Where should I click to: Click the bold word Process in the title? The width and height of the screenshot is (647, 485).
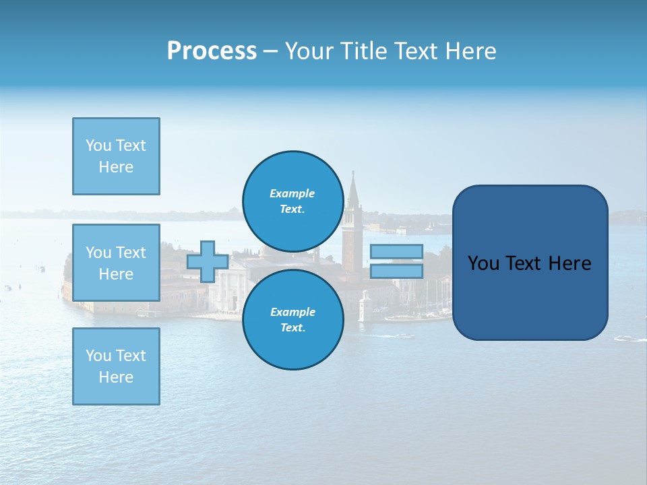pyautogui.click(x=212, y=51)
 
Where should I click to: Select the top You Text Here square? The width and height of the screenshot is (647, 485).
pyautogui.click(x=116, y=156)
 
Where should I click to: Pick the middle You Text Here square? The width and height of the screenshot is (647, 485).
pyautogui.click(x=116, y=263)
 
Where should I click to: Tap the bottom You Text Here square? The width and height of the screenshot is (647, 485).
pyautogui.click(x=116, y=366)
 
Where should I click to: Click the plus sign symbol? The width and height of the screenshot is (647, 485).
pyautogui.click(x=208, y=261)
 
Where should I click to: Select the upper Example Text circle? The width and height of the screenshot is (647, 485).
pyautogui.click(x=292, y=201)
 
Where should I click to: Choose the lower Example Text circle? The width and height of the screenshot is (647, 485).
pyautogui.click(x=292, y=319)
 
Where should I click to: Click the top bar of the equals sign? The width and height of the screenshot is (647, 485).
pyautogui.click(x=396, y=251)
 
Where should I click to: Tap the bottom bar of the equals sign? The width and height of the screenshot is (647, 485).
pyautogui.click(x=396, y=271)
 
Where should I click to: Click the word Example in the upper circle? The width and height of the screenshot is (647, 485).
pyautogui.click(x=292, y=193)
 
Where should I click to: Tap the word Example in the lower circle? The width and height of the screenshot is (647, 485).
pyautogui.click(x=292, y=312)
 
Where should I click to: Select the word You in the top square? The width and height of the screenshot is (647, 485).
pyautogui.click(x=98, y=145)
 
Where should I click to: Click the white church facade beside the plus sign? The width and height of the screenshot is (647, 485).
pyautogui.click(x=228, y=290)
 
